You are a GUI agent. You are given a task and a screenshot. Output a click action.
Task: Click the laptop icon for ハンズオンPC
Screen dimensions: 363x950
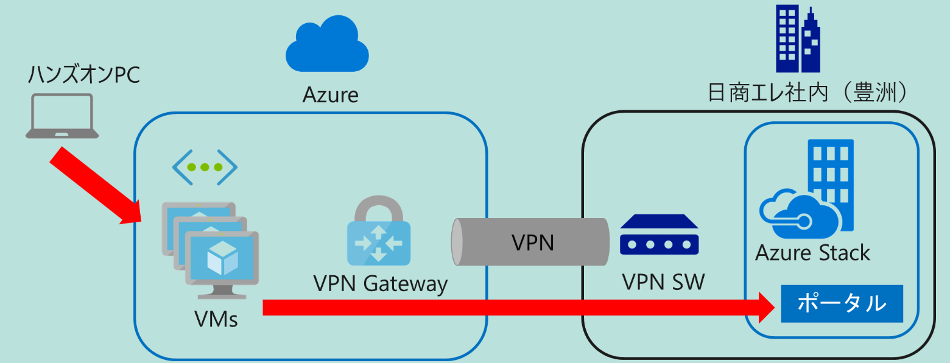pos(62,116)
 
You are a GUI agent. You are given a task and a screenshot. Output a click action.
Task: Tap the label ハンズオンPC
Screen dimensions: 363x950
pos(84,76)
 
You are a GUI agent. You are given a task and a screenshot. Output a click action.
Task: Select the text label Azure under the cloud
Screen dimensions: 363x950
pos(330,95)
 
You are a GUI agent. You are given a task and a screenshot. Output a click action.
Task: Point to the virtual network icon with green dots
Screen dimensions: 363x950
pos(205,166)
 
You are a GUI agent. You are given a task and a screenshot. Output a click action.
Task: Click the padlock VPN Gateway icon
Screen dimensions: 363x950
pos(378,231)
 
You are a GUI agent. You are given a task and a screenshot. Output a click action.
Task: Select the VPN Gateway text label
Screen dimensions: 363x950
pos(380,283)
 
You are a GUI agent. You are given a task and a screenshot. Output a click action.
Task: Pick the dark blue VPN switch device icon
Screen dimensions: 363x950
pos(660,234)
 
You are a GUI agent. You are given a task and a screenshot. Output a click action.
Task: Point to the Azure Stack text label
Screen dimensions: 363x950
pos(812,252)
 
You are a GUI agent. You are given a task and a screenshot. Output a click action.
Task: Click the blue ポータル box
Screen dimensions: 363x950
pos(841,303)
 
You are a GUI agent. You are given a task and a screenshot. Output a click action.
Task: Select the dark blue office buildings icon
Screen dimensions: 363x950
pos(797,39)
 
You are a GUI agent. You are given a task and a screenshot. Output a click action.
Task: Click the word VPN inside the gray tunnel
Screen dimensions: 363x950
pos(532,242)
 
